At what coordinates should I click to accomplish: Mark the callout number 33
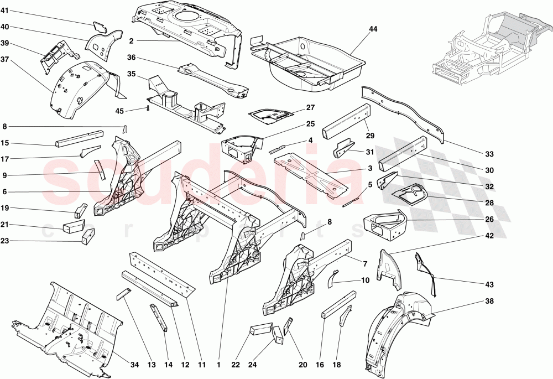coord(489,154)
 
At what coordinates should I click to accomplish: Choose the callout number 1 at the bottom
coord(220,365)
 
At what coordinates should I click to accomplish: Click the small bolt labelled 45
coord(148,108)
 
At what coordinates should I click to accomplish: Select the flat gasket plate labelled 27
coord(270,115)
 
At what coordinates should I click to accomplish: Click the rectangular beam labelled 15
coord(79,136)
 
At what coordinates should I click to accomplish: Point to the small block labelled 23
coord(88,236)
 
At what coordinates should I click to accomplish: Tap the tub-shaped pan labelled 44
coord(310,61)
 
